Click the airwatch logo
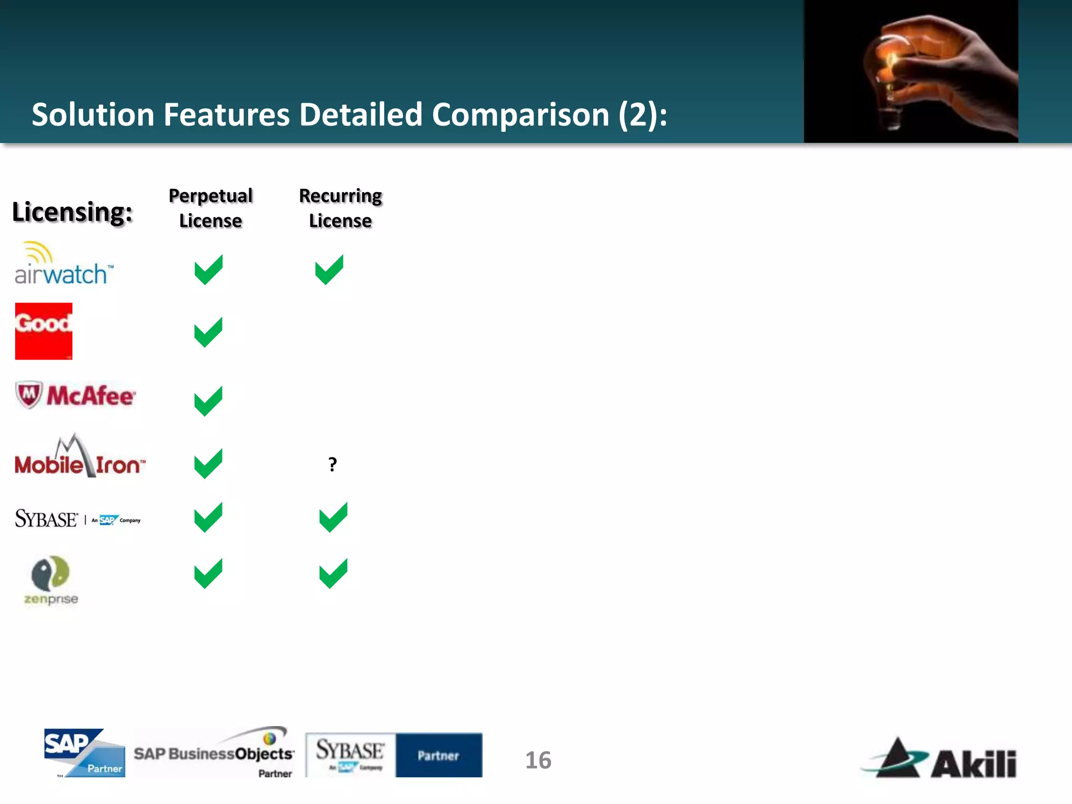pos(63,264)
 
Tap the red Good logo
pos(43,331)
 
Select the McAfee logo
pos(76,395)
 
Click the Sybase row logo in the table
pos(77,519)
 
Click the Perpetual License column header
pos(210,208)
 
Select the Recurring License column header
pos(340,208)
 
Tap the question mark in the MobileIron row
pos(332,464)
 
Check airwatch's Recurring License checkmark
pos(329,270)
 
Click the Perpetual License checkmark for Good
pos(208,332)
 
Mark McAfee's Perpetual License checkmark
pos(208,401)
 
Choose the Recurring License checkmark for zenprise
pos(333,574)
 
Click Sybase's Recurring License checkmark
pos(333,517)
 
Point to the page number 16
pos(538,760)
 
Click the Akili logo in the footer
pos(940,758)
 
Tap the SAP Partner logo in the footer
pos(84,753)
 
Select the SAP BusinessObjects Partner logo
pos(214,752)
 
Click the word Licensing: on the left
pos(72,212)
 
